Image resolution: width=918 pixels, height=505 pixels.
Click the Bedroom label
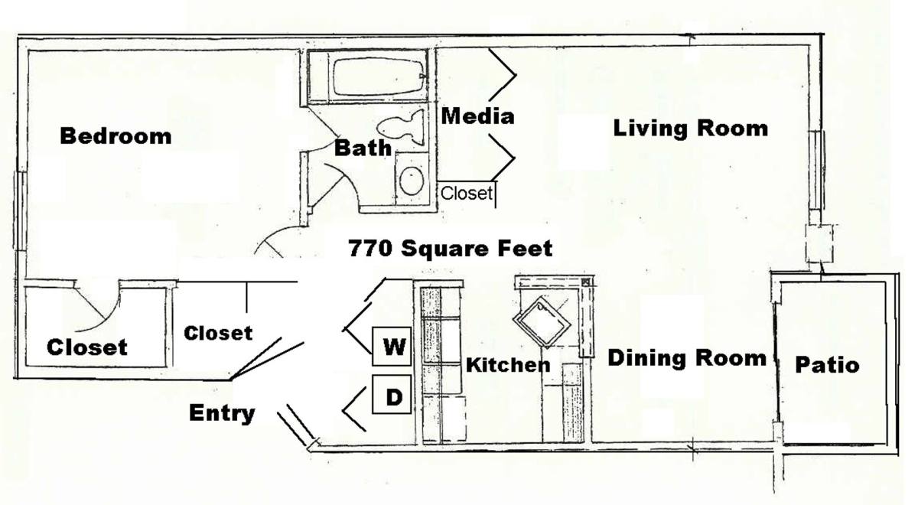click(x=116, y=136)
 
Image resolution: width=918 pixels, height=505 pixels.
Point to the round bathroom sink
click(x=412, y=181)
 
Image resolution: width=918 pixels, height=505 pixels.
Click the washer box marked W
click(x=392, y=347)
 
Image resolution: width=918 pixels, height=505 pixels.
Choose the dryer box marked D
click(x=392, y=394)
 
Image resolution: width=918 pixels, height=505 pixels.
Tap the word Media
click(x=478, y=116)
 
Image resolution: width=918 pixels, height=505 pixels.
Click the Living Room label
click(x=691, y=129)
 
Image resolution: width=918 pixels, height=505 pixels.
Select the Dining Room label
click(x=687, y=358)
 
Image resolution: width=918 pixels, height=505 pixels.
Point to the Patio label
click(x=827, y=365)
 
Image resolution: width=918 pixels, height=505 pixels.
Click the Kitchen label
click(x=508, y=365)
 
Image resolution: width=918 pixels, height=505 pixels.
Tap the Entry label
click(x=222, y=413)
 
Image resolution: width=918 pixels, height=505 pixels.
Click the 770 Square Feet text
click(x=451, y=249)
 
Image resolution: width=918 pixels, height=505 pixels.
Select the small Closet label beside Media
click(x=467, y=193)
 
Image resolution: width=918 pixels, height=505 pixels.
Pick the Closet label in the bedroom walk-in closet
click(x=87, y=347)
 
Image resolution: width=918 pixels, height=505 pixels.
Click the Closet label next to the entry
click(x=218, y=334)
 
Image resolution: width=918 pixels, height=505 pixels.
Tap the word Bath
click(x=363, y=148)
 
